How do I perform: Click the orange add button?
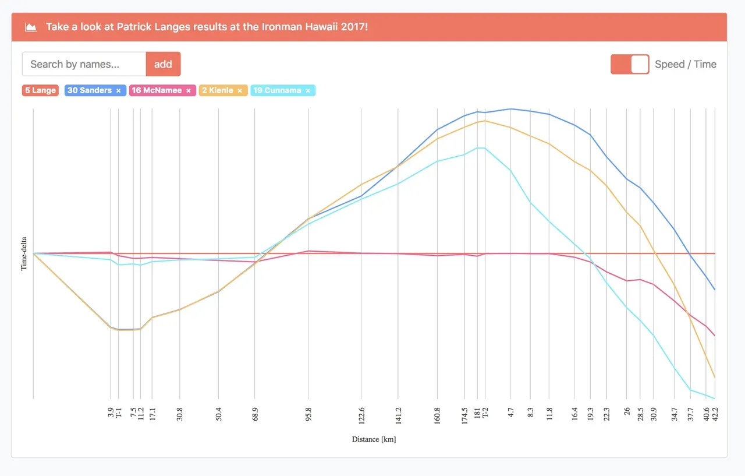163,64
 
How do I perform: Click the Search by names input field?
84,64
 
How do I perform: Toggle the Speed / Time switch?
630,64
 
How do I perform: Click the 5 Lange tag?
40,90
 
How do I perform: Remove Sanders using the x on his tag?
119,91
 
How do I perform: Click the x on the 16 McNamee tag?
189,91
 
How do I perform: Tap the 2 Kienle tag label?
218,90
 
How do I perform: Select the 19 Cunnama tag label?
278,90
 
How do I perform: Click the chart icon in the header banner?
31,27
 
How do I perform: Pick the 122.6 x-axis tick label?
361,417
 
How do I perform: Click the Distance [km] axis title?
374,439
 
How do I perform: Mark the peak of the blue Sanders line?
510,109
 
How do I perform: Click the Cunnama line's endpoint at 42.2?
714,399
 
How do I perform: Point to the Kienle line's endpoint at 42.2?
714,378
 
